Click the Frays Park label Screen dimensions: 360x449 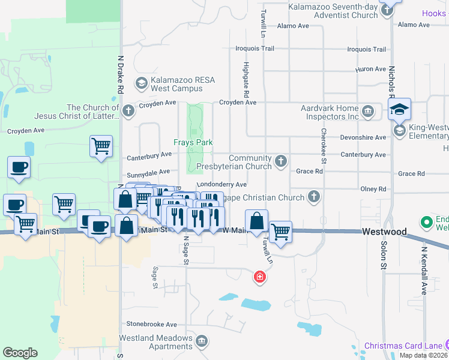tap(194, 142)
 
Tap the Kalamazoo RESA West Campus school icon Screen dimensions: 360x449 tap(142, 83)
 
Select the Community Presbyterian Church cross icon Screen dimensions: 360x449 tap(280, 161)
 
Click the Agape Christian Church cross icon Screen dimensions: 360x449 tap(313, 197)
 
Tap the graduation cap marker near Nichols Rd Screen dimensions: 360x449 tap(399, 109)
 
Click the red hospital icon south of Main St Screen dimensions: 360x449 tap(260, 277)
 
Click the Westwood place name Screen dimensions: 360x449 tap(384, 232)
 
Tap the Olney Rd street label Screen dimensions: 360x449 tap(373, 189)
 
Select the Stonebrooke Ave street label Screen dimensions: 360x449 tap(151, 324)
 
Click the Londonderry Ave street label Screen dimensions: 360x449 tap(221, 184)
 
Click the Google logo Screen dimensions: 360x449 tap(20, 353)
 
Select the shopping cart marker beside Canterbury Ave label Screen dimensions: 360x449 tap(101, 146)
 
